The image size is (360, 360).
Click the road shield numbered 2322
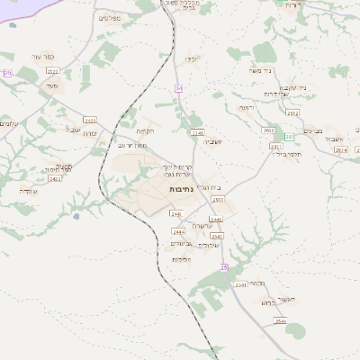pos(52,70)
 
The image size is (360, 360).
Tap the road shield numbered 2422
pos(89,119)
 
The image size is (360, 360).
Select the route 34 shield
pos(179,87)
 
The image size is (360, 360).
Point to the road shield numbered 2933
pos(219,198)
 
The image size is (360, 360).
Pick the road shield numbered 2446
pos(215,219)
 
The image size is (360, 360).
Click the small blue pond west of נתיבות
pos(76,216)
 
